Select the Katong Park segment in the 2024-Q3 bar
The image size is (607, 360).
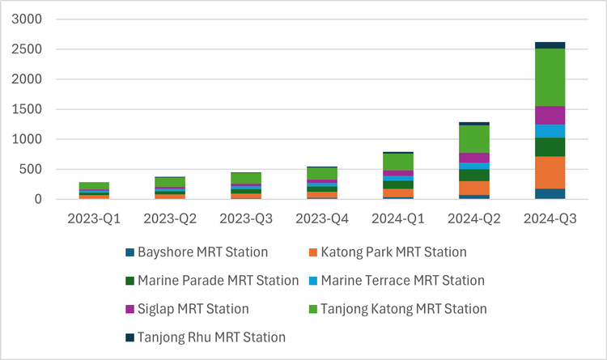pos(550,172)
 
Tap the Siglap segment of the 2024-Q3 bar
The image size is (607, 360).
pos(550,115)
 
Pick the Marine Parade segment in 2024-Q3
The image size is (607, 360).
pos(550,146)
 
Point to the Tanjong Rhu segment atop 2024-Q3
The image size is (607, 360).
pos(550,45)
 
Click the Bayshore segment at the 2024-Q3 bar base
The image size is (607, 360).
pos(550,193)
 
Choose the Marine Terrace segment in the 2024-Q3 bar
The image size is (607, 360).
pos(550,131)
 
